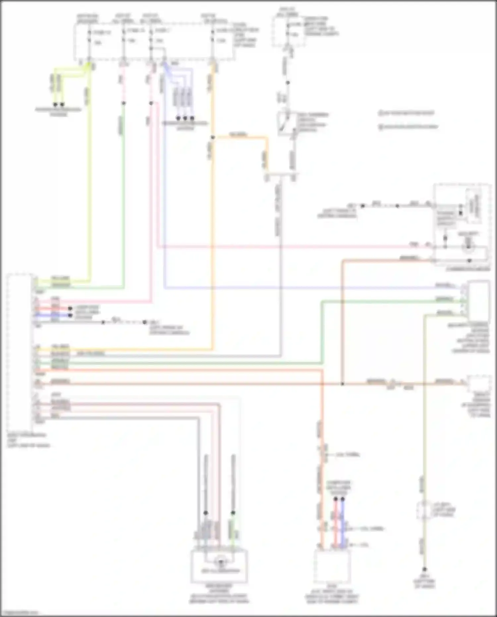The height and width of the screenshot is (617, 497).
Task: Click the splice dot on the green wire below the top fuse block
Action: click(124, 103)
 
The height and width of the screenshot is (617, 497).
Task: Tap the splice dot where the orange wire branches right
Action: click(213, 137)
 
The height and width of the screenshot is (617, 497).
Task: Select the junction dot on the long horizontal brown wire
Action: click(342, 384)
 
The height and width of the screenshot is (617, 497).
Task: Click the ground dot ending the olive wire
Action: click(424, 569)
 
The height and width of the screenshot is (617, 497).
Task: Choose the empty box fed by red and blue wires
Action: click(332, 566)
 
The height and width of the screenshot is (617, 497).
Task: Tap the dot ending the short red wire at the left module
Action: click(70, 308)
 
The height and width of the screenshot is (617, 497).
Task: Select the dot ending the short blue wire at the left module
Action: click(70, 315)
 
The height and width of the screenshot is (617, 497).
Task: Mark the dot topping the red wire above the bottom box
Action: click(335, 499)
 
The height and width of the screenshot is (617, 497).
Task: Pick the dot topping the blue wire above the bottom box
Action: click(343, 499)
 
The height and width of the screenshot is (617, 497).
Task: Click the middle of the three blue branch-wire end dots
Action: click(185, 118)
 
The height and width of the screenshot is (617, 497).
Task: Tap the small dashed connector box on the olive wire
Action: click(424, 510)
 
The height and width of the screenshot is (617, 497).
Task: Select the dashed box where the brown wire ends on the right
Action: click(478, 385)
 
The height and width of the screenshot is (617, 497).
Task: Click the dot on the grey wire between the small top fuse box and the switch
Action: click(288, 83)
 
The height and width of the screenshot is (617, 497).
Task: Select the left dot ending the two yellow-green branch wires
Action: click(55, 104)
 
